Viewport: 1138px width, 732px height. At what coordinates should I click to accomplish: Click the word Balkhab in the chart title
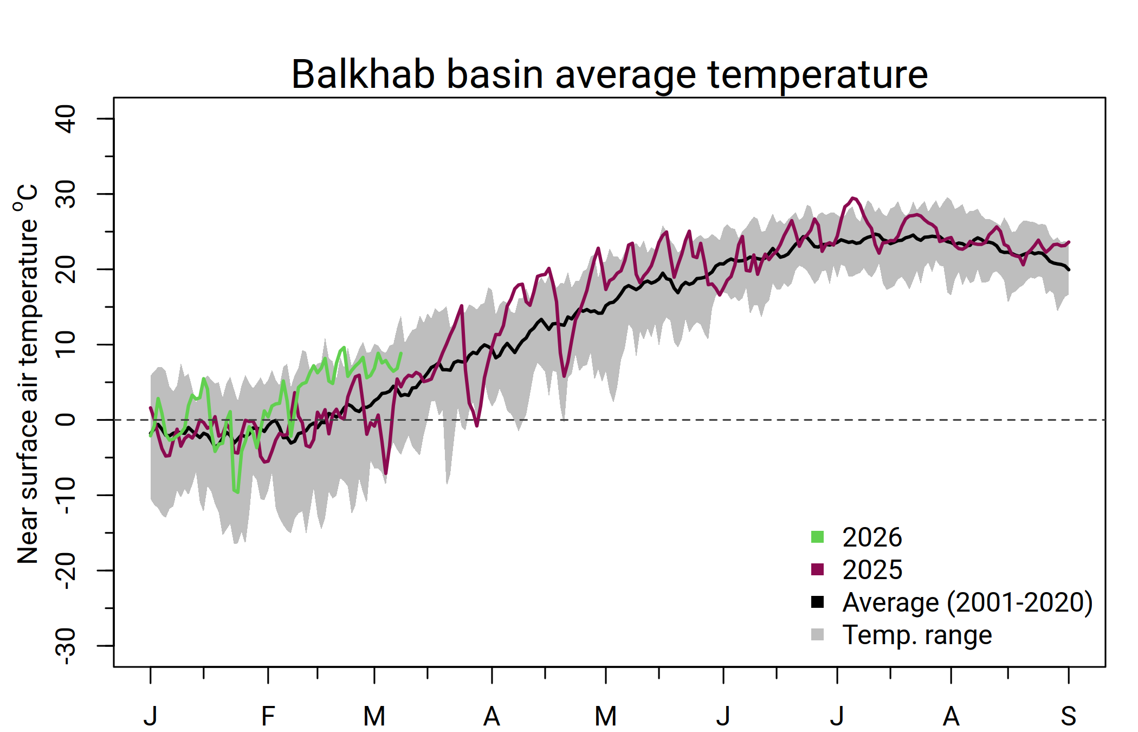coord(363,74)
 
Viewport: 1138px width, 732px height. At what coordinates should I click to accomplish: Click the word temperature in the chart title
coord(818,74)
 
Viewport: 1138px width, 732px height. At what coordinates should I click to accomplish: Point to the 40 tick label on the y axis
coord(66,119)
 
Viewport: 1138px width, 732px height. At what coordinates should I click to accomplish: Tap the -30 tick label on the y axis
coord(66,646)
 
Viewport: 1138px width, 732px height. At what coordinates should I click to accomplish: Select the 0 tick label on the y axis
coord(66,420)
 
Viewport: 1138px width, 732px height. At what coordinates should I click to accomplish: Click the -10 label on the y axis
coord(66,495)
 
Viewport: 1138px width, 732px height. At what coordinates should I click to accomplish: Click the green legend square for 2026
coord(817,537)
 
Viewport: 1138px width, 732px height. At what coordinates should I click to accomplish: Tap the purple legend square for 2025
coord(817,569)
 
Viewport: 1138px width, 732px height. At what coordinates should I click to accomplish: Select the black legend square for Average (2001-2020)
coord(817,602)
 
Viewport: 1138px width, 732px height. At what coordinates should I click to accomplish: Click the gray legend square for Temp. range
coord(817,634)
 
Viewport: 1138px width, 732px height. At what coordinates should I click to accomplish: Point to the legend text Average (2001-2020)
coord(967,602)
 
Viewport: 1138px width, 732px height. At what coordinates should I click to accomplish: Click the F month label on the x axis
coord(268,716)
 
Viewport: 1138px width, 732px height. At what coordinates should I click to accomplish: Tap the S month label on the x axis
coord(1068,716)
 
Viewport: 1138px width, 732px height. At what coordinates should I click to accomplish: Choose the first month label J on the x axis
coord(150,716)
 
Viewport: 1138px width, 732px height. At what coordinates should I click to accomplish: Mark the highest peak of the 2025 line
coord(853,198)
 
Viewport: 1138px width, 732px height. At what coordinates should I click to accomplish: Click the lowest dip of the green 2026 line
coord(237,492)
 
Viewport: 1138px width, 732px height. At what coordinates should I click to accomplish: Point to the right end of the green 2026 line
coord(401,353)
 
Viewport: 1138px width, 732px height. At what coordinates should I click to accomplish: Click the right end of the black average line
coord(1069,269)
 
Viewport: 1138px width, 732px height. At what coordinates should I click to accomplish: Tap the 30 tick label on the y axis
coord(66,194)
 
